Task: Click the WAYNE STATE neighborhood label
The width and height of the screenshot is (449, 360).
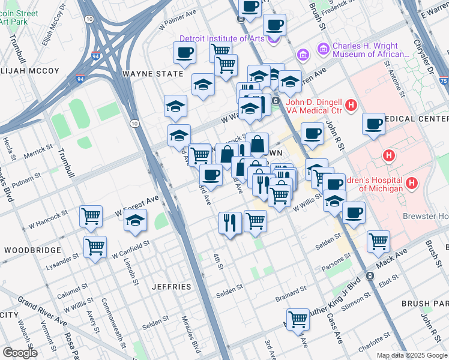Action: [x=152, y=74]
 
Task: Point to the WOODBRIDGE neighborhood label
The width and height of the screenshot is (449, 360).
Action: [x=32, y=250]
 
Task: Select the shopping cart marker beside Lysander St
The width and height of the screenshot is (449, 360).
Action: [x=95, y=246]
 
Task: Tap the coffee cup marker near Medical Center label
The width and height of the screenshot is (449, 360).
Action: [x=374, y=124]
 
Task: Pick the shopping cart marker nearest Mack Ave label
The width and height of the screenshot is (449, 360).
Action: [x=378, y=241]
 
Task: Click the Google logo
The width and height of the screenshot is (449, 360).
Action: [x=20, y=352]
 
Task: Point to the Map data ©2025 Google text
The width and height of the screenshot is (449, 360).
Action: [x=411, y=355]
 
